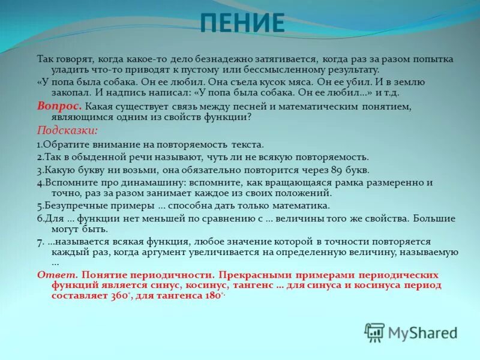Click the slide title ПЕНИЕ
tap(242, 23)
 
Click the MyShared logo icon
tap(374, 332)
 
